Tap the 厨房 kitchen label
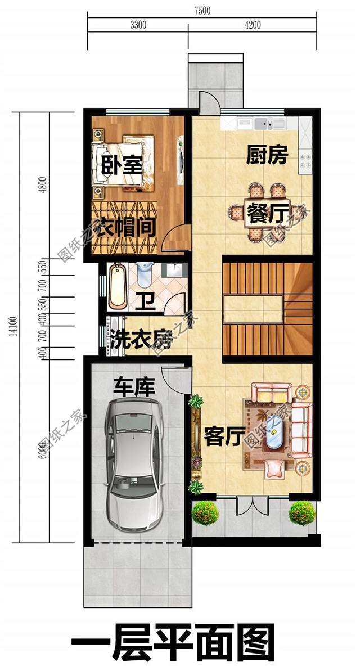(x=267, y=155)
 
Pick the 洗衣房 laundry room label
(x=139, y=339)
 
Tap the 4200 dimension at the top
(x=253, y=24)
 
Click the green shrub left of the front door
(x=205, y=512)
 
